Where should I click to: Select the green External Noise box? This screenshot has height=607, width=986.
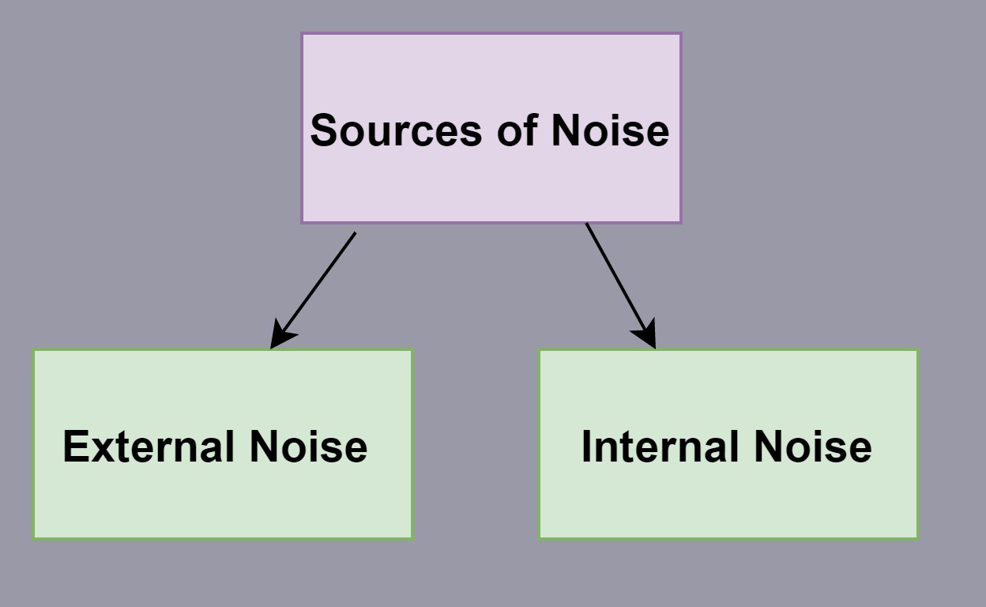coord(222,498)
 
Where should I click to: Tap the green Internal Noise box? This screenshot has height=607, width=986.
coord(728,498)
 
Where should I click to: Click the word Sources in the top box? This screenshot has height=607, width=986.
coord(396,130)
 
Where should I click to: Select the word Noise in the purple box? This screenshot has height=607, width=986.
coord(610,130)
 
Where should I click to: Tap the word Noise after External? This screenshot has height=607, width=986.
coord(309,447)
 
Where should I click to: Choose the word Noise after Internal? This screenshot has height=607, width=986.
coord(813,447)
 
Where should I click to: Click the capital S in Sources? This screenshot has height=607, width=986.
coord(324,130)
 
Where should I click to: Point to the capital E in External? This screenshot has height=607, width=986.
coord(75,447)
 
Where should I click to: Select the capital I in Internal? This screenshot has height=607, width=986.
coord(587,447)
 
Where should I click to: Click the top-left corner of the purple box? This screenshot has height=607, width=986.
coord(303,34)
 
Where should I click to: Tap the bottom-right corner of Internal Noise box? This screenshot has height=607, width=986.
coord(917,538)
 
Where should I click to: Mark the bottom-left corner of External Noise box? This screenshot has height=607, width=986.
coord(34,538)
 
